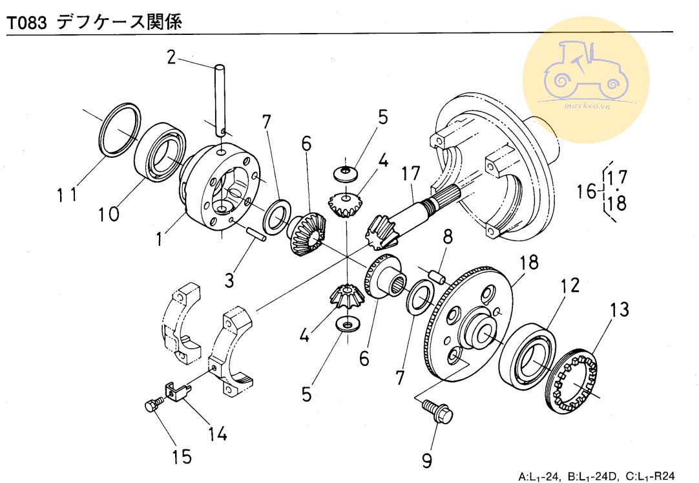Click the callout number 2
pos(171,57)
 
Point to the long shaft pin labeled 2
pos(219,97)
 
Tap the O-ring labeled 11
pos(121,129)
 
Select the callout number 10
pos(109,213)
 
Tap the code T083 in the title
pos(26,24)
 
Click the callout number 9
pos(426,460)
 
